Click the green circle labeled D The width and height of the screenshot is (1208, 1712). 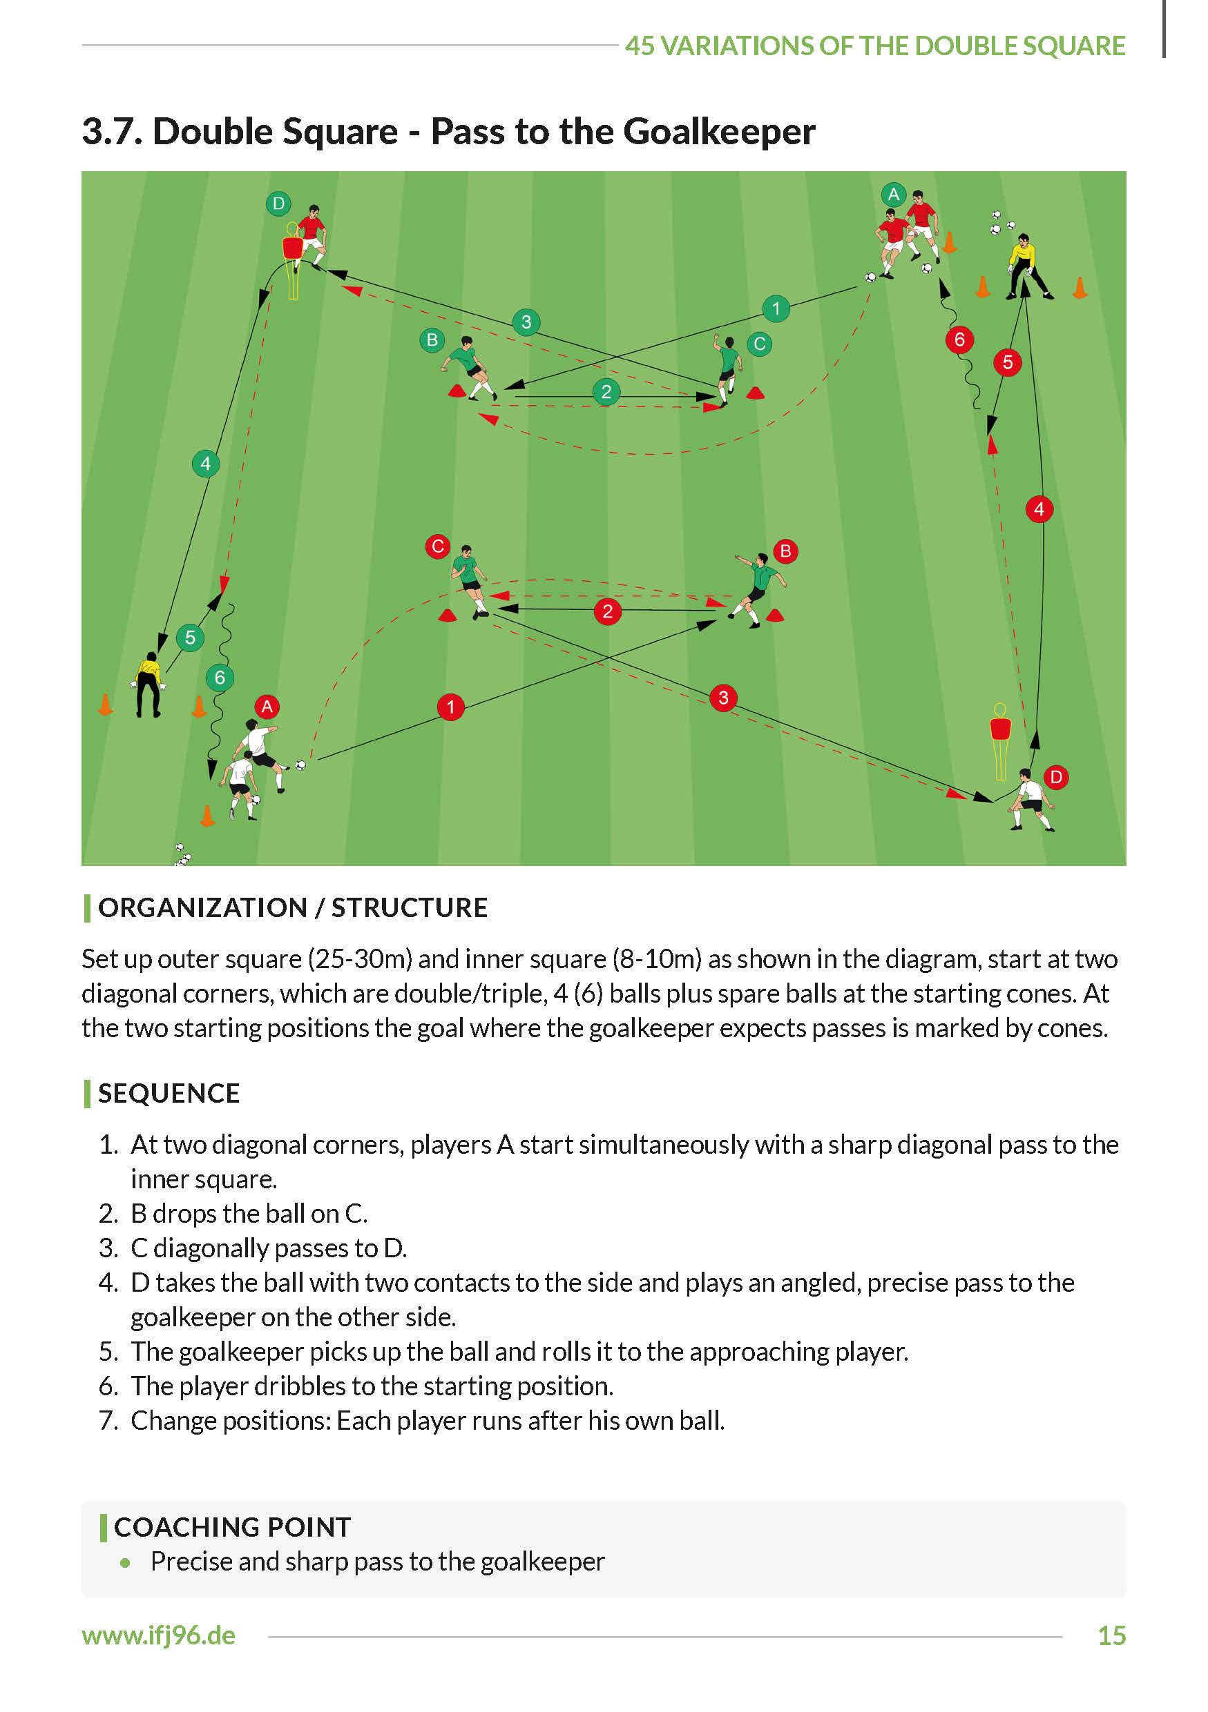click(x=278, y=204)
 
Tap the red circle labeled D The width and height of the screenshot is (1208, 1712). click(x=1056, y=777)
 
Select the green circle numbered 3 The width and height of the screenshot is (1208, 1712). click(x=526, y=322)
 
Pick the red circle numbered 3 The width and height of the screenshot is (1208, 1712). click(x=723, y=698)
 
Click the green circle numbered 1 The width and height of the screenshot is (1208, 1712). click(x=776, y=308)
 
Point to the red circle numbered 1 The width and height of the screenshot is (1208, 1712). click(x=450, y=707)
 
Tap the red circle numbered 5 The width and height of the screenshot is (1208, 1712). click(x=1007, y=362)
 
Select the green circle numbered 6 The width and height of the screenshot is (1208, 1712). click(x=220, y=677)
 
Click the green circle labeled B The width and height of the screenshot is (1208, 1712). click(x=432, y=340)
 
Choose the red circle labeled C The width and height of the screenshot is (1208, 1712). click(x=438, y=546)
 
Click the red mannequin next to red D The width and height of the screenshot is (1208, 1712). click(x=999, y=739)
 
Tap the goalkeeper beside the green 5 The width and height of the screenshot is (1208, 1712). click(x=149, y=685)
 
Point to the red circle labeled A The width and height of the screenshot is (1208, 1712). click(x=267, y=706)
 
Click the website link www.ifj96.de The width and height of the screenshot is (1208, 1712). click(x=158, y=1635)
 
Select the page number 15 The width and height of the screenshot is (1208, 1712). click(x=1111, y=1635)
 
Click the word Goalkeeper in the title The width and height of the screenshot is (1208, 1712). click(x=718, y=132)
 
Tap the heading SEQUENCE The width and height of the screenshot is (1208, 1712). click(x=169, y=1093)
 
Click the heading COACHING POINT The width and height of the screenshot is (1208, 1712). click(x=232, y=1526)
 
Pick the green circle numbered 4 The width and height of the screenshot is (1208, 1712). click(x=206, y=464)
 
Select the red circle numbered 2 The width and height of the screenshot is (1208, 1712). click(x=607, y=611)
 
